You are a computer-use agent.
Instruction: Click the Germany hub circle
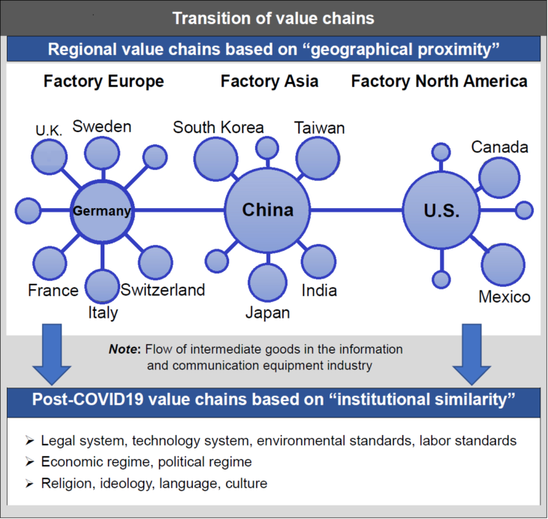pyautogui.click(x=101, y=211)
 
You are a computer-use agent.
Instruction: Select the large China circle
pyautogui.click(x=267, y=210)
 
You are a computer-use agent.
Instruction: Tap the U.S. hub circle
pyautogui.click(x=441, y=211)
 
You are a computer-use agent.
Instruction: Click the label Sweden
pyautogui.click(x=102, y=126)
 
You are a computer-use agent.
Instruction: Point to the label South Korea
pyautogui.click(x=218, y=127)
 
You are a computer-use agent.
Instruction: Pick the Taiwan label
pyautogui.click(x=320, y=127)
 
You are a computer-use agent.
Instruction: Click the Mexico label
pyautogui.click(x=504, y=297)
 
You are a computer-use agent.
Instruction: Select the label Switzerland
pyautogui.click(x=163, y=290)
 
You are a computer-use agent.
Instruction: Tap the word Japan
pyautogui.click(x=267, y=312)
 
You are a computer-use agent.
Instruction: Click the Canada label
pyautogui.click(x=500, y=147)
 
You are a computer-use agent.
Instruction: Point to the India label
pyautogui.click(x=320, y=290)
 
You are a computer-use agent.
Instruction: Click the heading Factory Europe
pyautogui.click(x=104, y=81)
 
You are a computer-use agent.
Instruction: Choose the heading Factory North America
pyautogui.click(x=439, y=81)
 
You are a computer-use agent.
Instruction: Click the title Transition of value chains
pyautogui.click(x=273, y=17)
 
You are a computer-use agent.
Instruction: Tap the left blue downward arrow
pyautogui.click(x=52, y=352)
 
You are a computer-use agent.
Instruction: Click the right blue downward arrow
pyautogui.click(x=471, y=352)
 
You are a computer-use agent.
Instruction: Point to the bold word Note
pyautogui.click(x=125, y=349)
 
